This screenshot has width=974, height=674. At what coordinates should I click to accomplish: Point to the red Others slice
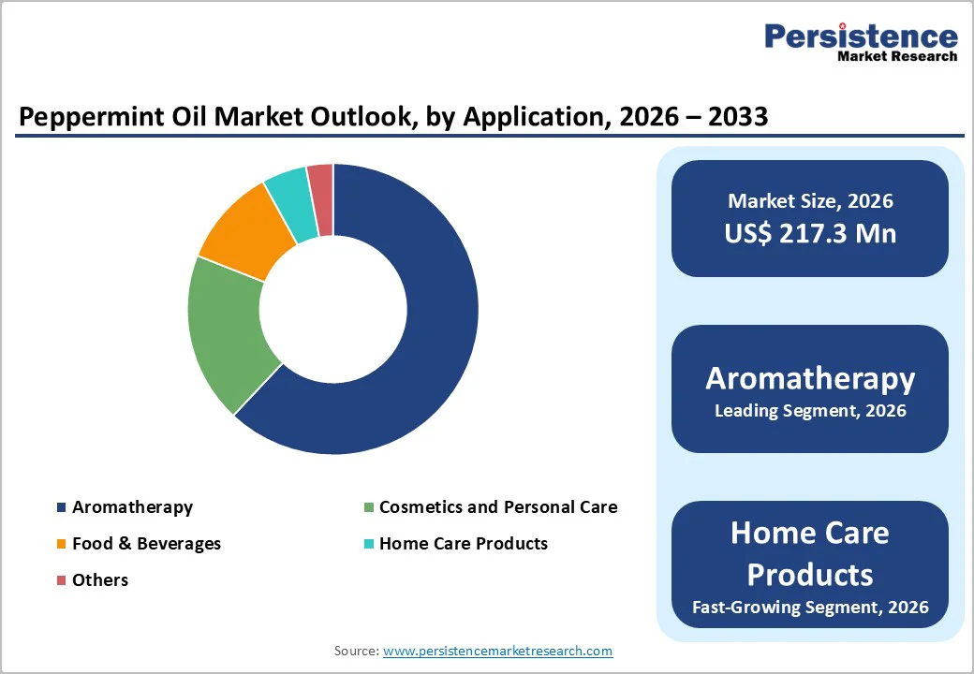[321, 185]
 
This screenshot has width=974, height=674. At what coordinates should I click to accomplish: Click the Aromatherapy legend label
[132, 507]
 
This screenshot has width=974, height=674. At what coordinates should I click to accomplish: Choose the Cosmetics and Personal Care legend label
[497, 507]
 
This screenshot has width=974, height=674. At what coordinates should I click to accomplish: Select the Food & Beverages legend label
[146, 544]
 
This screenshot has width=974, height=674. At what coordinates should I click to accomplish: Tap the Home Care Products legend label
[463, 544]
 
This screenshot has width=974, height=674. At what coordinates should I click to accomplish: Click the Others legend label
[100, 580]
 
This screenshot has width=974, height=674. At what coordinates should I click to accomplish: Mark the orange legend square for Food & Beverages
[62, 544]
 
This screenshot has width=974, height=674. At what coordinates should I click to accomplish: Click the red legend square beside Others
[62, 580]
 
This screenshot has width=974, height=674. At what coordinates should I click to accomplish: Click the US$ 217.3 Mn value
[810, 233]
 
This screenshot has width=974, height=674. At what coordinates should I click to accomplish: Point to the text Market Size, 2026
[810, 200]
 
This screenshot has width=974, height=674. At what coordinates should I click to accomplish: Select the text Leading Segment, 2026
[810, 411]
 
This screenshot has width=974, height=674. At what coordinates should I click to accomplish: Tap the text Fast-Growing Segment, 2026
[810, 608]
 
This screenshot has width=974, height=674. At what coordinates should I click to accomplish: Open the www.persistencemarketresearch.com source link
[497, 651]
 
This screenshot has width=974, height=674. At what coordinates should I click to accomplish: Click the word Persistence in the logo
[861, 37]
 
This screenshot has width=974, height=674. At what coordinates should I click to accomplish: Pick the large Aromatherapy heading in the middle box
[810, 378]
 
